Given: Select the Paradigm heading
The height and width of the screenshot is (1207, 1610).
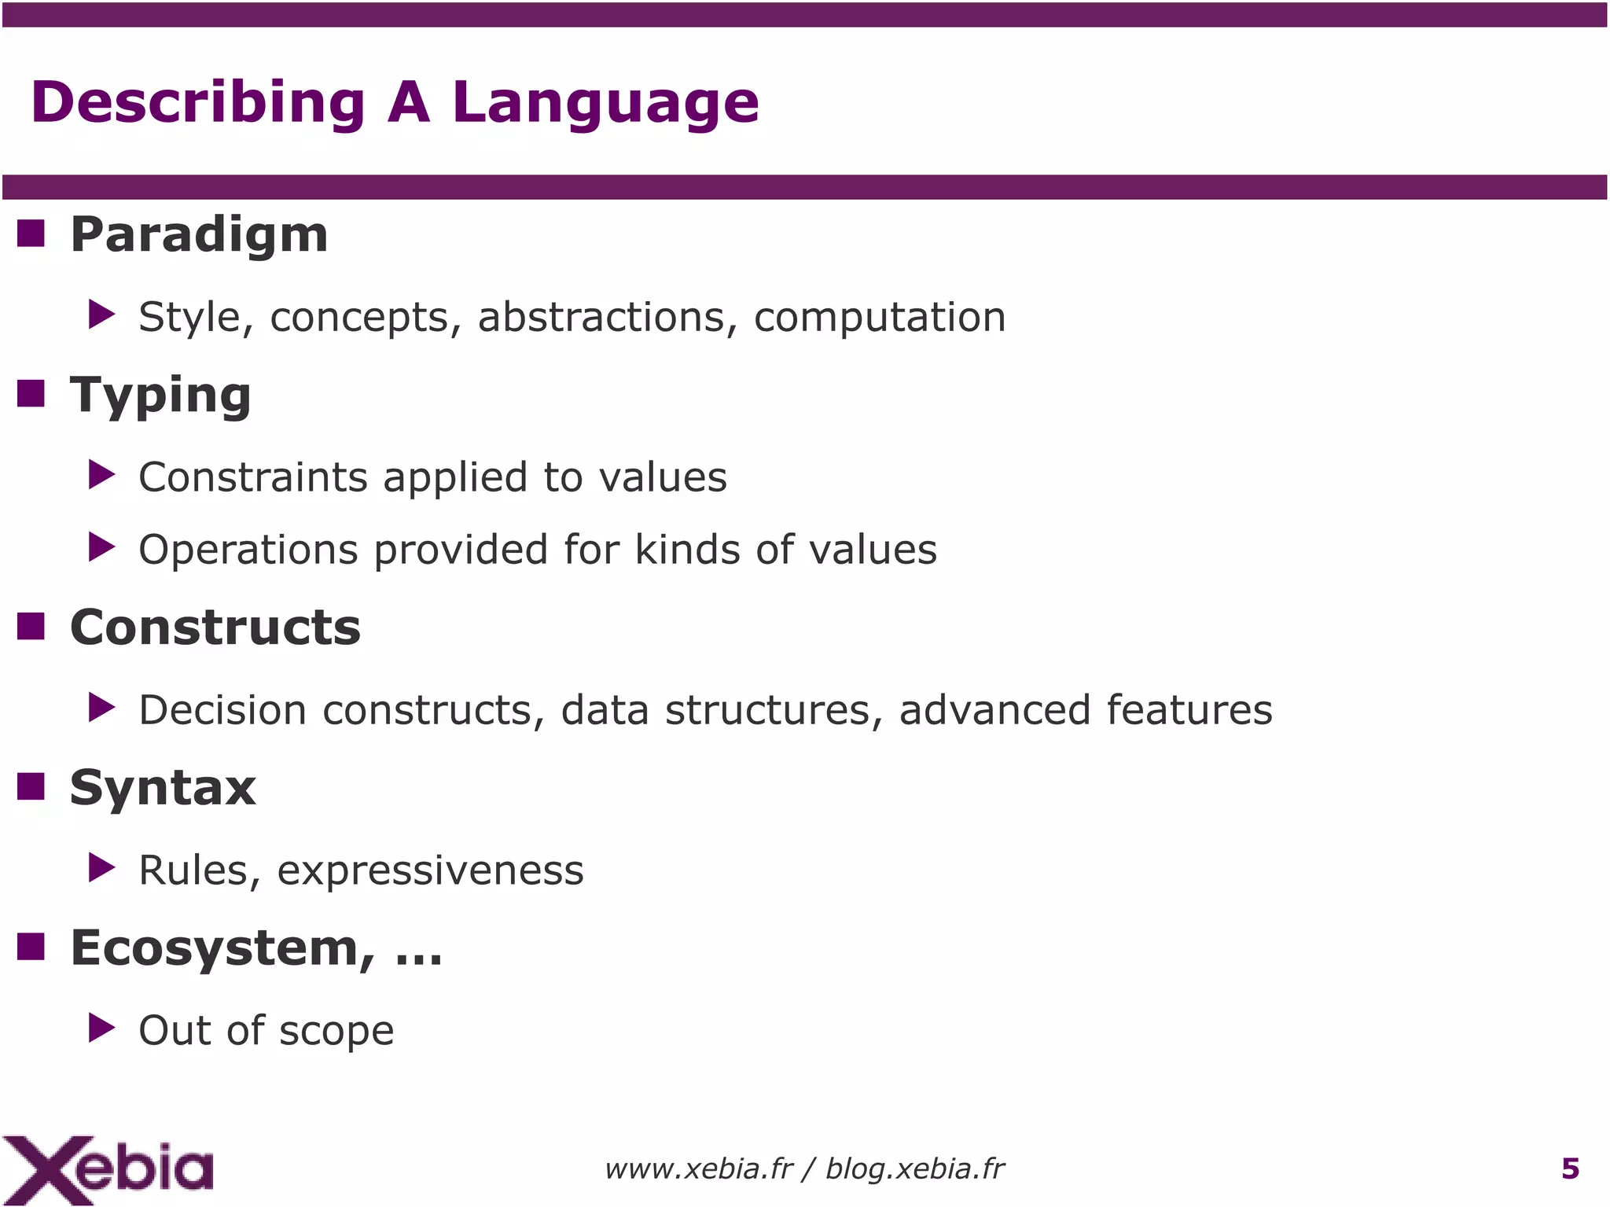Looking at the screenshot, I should pos(199,234).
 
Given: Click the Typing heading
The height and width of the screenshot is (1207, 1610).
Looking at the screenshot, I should pos(160,395).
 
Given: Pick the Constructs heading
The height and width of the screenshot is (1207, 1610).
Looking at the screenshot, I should pos(215,627).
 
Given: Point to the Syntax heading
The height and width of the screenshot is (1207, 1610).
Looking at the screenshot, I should pos(163,788).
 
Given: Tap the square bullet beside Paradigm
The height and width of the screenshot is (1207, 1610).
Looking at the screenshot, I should pos(31,234).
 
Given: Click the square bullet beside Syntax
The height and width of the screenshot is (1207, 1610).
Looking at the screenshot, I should pos(31,786).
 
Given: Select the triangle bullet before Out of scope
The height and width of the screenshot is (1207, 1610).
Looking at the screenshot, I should pos(101,1028).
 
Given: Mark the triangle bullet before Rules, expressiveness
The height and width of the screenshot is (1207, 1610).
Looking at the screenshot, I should pos(101,867).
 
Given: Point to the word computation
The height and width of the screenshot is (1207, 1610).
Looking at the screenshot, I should pos(880,317).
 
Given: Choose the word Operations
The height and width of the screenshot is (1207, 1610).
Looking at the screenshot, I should pos(249,549).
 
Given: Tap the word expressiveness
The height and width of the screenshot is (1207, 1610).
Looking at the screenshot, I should pos(430,870).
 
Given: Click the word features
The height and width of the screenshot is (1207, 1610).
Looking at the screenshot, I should pos(1189,709).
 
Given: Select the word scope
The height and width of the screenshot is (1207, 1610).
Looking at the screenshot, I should pos(336,1031).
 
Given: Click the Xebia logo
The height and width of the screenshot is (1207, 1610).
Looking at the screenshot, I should pos(108,1169).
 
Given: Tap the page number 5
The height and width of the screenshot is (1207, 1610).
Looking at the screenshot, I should pos(1570,1169).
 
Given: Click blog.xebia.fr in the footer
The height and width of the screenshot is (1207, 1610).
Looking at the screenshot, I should pos(914,1169).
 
